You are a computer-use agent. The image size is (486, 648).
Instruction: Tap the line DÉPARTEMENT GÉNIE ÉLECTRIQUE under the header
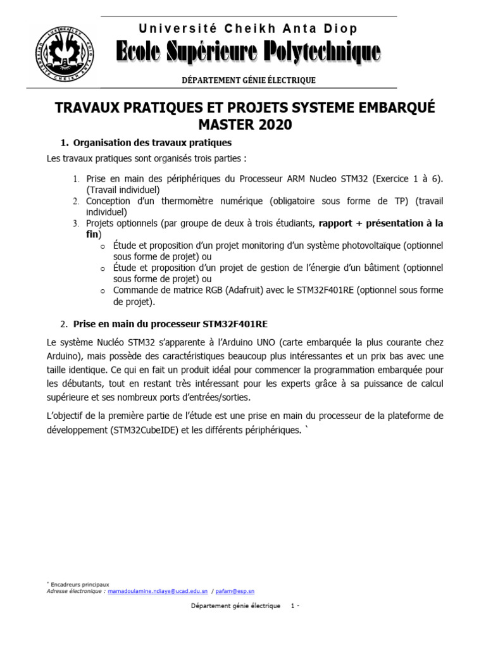click(248, 80)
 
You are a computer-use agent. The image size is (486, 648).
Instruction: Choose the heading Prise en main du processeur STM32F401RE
click(170, 324)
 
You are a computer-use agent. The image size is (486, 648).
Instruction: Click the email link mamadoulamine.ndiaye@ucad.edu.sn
click(158, 591)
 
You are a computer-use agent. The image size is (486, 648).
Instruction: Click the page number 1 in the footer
click(292, 606)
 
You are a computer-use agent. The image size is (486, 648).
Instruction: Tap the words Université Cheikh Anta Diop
click(248, 28)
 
